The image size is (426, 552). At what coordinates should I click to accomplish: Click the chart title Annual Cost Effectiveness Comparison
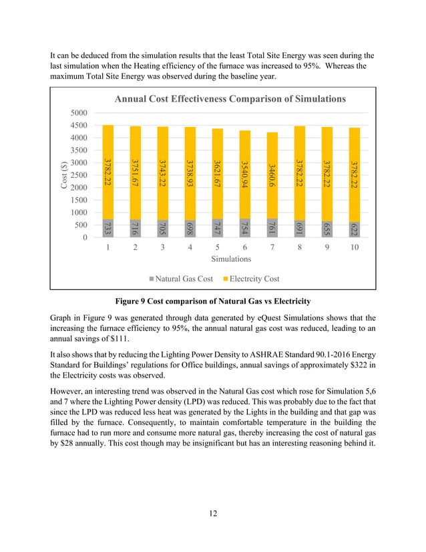pyautogui.click(x=230, y=99)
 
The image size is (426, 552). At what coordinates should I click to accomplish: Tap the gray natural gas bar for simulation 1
pyautogui.click(x=108, y=228)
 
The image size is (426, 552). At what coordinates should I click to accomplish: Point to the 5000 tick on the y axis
pyautogui.click(x=80, y=113)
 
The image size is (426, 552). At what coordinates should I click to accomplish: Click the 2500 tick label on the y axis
pyautogui.click(x=80, y=175)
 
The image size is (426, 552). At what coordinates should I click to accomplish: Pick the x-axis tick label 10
pyautogui.click(x=355, y=247)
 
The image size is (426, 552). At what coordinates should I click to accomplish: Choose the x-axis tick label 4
pyautogui.click(x=190, y=247)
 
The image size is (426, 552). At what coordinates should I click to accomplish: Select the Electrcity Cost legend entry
pyautogui.click(x=250, y=278)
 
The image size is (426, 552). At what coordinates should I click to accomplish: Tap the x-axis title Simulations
pyautogui.click(x=231, y=258)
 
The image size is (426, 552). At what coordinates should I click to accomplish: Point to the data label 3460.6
pyautogui.click(x=272, y=175)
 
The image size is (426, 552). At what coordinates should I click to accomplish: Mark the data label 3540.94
pyautogui.click(x=244, y=175)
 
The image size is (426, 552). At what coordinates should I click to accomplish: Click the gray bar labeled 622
pyautogui.click(x=355, y=229)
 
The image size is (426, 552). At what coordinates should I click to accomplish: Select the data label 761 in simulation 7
pyautogui.click(x=272, y=228)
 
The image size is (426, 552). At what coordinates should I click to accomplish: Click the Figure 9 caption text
pyautogui.click(x=212, y=302)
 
